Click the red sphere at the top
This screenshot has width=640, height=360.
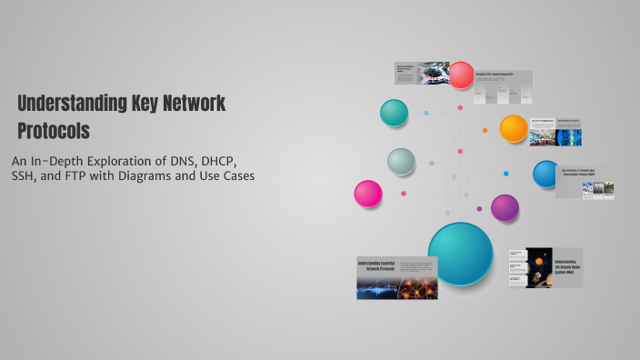[462, 74]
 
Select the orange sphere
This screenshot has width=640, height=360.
[514, 128]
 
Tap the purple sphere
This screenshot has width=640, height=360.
[505, 208]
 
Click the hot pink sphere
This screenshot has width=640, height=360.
[368, 194]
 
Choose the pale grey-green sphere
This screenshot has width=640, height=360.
[401, 162]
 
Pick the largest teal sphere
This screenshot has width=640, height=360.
[460, 254]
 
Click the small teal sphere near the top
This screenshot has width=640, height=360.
[394, 113]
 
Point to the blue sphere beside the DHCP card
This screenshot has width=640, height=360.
[546, 173]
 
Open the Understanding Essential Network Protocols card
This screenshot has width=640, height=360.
[397, 277]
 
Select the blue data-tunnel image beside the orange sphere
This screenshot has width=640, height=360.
[568, 136]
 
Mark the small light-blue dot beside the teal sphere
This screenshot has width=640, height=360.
[426, 114]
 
